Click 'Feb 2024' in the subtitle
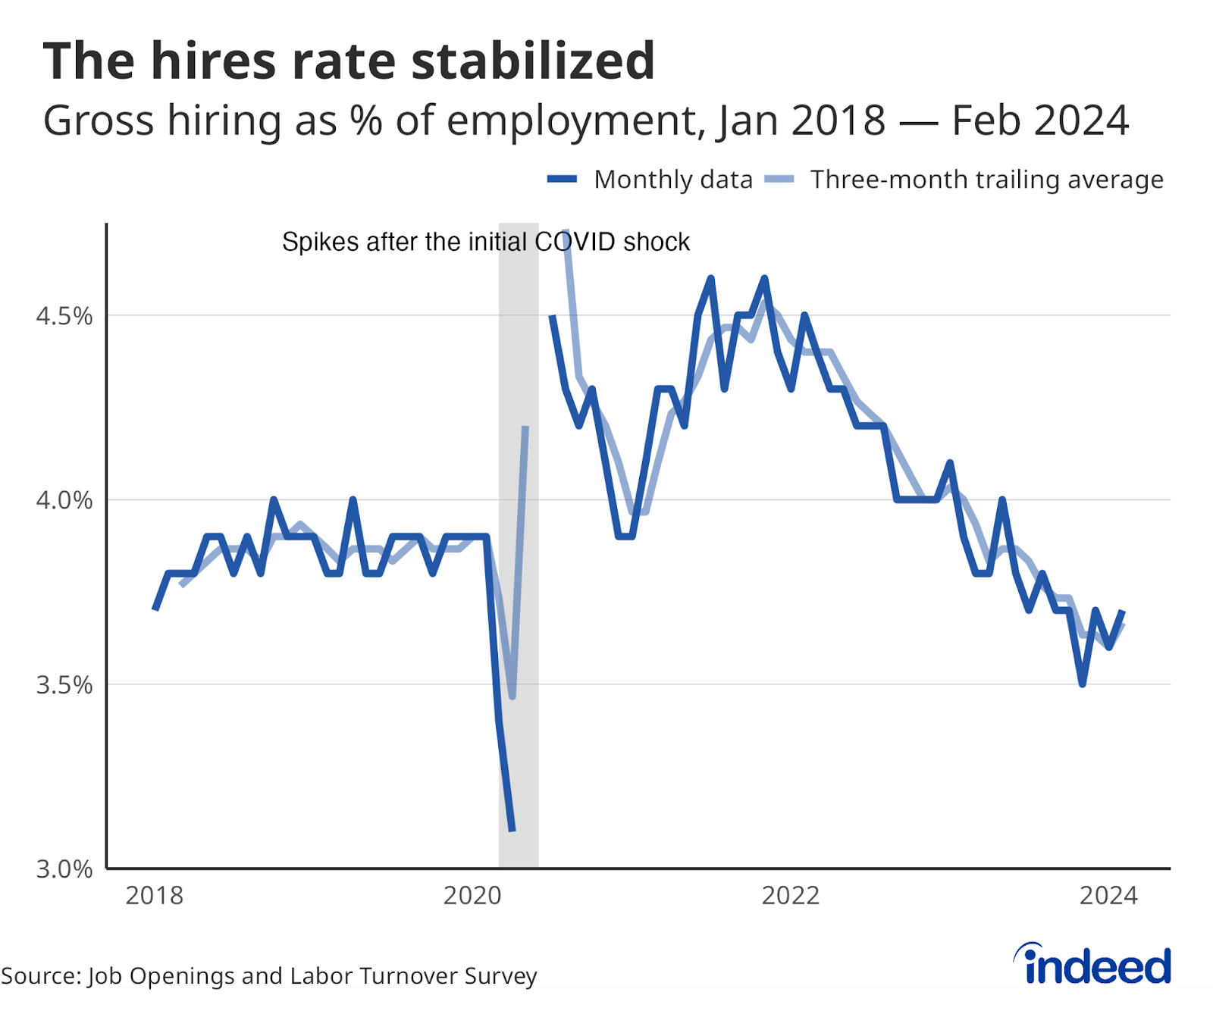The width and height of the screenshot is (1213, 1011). click(1040, 121)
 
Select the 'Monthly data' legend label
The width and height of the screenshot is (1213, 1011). click(673, 180)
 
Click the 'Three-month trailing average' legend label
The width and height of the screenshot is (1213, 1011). click(986, 180)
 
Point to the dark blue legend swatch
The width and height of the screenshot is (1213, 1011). click(562, 180)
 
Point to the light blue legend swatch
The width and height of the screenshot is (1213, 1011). click(779, 180)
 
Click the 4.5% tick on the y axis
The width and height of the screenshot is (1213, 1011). click(64, 316)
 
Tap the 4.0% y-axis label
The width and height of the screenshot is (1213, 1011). click(64, 500)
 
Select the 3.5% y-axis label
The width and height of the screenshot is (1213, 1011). click(64, 685)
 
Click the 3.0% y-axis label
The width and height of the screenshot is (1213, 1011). click(64, 869)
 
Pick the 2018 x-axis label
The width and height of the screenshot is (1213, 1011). click(155, 896)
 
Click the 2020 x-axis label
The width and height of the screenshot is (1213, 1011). click(472, 896)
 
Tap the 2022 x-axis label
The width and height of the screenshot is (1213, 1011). click(791, 896)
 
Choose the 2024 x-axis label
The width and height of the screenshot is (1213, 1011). click(1108, 896)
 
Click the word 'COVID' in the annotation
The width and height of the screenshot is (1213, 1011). click(575, 242)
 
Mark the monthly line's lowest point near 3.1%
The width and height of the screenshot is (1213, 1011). click(512, 830)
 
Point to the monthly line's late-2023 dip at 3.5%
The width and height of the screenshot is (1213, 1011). click(1083, 684)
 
